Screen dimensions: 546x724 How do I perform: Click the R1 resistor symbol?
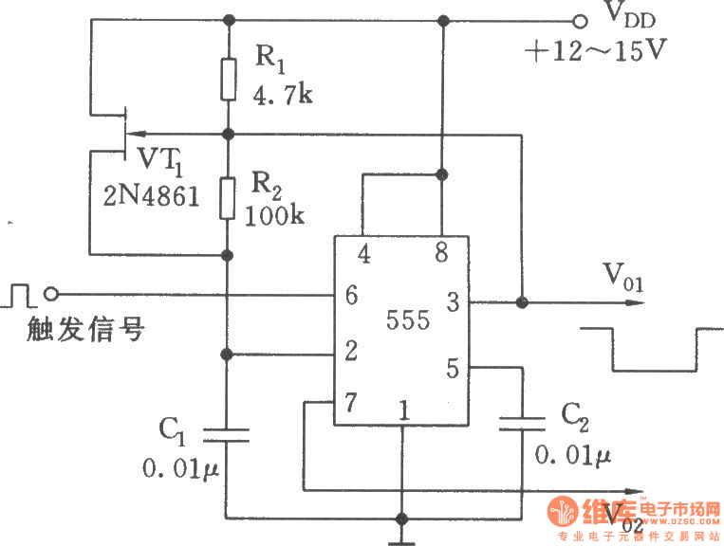tap(228, 79)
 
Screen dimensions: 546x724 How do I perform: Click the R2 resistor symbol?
tap(228, 198)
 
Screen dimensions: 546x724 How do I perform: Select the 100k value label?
tap(275, 215)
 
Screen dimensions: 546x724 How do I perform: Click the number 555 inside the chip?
tap(409, 319)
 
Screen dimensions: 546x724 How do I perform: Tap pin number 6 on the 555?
tap(352, 296)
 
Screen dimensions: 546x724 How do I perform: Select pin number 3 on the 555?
tap(454, 303)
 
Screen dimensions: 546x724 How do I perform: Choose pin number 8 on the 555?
tap(442, 253)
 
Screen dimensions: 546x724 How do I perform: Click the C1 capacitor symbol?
tap(228, 434)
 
